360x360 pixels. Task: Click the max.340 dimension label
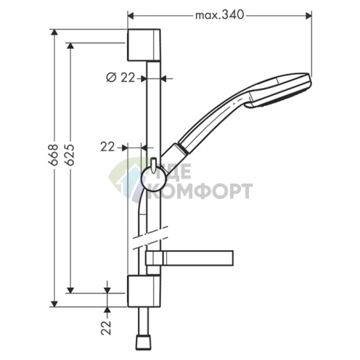[x=219, y=15]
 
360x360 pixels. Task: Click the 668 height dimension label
[x=53, y=155]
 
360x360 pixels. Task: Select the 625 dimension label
[x=70, y=155]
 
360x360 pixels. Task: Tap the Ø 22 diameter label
[x=120, y=78]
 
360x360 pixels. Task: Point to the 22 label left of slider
[x=107, y=147]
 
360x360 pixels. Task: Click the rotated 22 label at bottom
[x=106, y=327]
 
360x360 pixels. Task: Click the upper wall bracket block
[x=144, y=45]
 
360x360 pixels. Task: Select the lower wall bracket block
[x=144, y=291]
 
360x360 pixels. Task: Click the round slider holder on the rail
[x=153, y=179]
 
